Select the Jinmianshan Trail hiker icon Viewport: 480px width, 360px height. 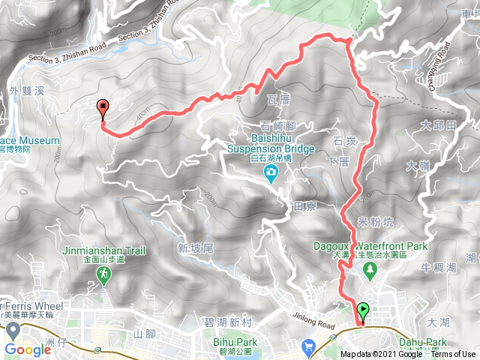103,277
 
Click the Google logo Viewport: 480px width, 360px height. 27,349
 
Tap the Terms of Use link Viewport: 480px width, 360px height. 452,355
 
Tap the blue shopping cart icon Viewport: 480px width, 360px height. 308,346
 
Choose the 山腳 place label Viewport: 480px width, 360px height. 142,332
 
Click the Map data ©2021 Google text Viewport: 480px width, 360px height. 380,355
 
